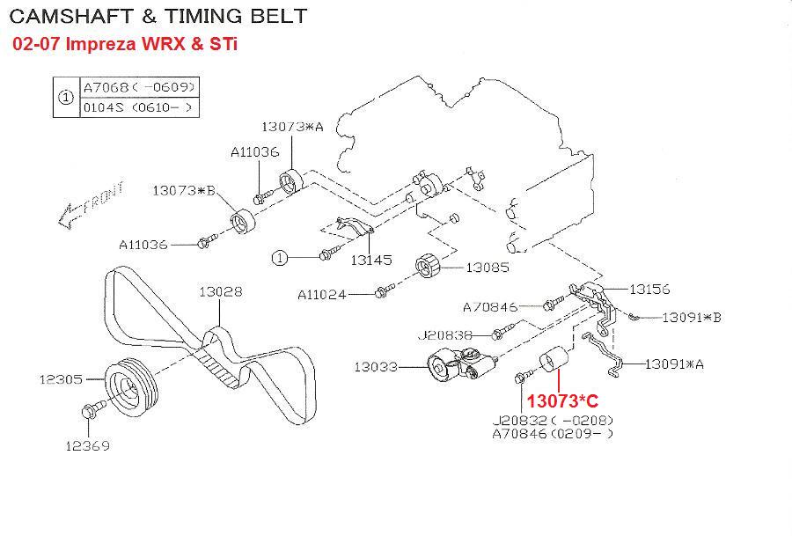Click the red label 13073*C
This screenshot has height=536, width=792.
click(x=562, y=401)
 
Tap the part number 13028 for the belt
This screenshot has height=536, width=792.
click(x=220, y=291)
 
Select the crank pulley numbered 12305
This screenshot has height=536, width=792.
click(x=131, y=385)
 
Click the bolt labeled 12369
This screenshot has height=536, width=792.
click(x=93, y=408)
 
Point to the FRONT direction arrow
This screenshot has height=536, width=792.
click(x=90, y=204)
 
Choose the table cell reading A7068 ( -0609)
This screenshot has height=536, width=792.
click(x=139, y=87)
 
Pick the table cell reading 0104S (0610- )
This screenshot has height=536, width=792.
click(x=139, y=107)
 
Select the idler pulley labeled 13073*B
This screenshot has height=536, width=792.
click(x=243, y=221)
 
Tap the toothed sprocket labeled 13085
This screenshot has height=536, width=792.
click(x=429, y=265)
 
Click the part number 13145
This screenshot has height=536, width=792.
click(x=371, y=261)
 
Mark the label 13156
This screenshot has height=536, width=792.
click(x=649, y=290)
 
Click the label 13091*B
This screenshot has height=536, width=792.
click(x=692, y=317)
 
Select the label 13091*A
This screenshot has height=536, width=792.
click(x=674, y=364)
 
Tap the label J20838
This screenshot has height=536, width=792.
click(x=445, y=335)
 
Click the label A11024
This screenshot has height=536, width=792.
click(x=322, y=295)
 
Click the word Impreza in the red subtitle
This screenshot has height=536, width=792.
click(x=101, y=44)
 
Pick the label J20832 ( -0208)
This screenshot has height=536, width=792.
click(x=554, y=421)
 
